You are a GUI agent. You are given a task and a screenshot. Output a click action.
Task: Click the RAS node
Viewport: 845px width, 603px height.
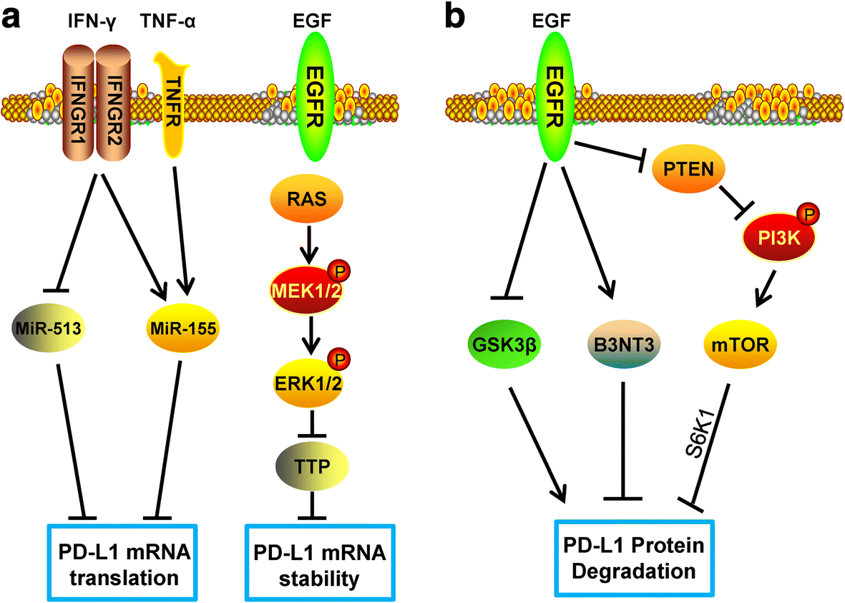click(306, 198)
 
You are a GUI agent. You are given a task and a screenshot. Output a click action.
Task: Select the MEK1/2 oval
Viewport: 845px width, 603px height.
click(306, 289)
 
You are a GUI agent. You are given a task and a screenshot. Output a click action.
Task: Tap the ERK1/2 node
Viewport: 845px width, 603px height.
click(308, 382)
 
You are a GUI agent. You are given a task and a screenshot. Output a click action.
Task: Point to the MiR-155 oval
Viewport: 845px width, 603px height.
click(182, 328)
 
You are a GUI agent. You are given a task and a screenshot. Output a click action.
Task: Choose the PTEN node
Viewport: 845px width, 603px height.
click(689, 169)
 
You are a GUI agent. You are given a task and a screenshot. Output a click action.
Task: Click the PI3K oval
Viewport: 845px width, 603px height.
click(779, 237)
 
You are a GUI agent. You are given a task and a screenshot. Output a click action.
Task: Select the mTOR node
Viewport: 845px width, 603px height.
click(741, 344)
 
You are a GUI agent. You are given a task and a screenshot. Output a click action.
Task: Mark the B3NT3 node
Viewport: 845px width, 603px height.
click(623, 344)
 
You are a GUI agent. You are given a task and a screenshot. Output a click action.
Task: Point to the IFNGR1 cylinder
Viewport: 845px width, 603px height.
click(79, 102)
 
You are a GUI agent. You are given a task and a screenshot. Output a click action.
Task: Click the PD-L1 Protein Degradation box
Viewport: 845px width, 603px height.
click(634, 557)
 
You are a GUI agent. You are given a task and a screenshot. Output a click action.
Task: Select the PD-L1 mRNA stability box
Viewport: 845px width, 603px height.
click(320, 562)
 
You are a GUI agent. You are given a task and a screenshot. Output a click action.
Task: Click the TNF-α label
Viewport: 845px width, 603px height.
click(167, 21)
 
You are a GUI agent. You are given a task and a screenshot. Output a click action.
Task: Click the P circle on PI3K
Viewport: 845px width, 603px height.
click(809, 215)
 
